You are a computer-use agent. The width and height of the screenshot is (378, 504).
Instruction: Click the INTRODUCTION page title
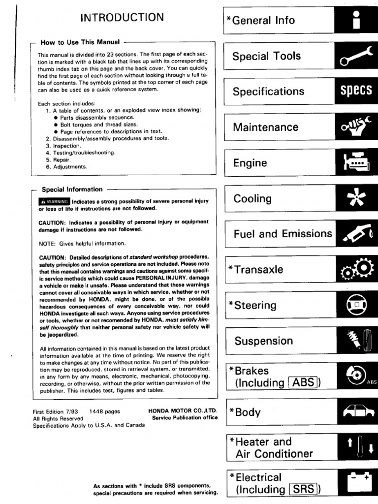[x=122, y=18]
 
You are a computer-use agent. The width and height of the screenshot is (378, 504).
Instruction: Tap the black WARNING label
[x=54, y=201]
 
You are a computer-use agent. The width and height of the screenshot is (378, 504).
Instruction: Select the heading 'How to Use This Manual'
[x=82, y=42]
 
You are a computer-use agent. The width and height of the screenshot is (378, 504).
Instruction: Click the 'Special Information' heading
[x=72, y=189]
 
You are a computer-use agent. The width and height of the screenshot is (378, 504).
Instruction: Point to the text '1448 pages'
[x=104, y=411]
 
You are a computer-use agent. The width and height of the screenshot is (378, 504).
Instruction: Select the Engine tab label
[x=250, y=163]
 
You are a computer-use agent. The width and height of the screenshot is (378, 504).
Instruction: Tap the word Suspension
[x=263, y=341]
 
